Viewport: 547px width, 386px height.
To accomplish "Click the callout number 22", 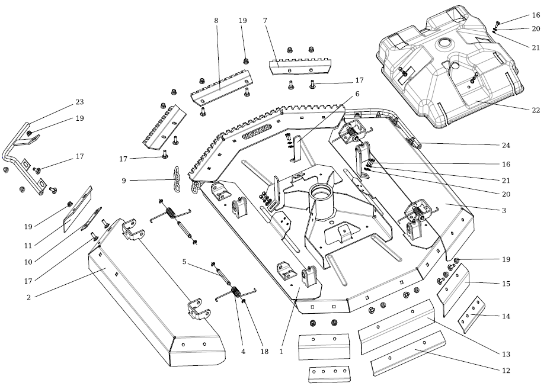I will pos(535,111).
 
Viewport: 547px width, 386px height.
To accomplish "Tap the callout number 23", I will pos(79,102).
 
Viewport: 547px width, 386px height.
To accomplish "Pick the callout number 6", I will pos(357,94).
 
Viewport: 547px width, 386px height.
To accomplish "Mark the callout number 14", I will pos(506,317).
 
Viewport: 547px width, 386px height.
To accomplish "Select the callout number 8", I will pos(216,21).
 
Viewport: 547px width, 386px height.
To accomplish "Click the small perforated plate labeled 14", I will pos(472,315).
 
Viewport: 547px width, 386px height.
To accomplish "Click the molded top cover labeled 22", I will pos(450,71).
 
